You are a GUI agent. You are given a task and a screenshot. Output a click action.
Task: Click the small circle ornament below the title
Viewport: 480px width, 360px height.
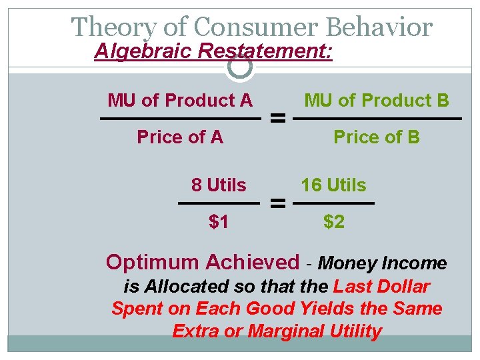pyautogui.click(x=240, y=66)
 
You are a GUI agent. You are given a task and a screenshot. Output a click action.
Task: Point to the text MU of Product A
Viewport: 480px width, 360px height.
pyautogui.click(x=180, y=101)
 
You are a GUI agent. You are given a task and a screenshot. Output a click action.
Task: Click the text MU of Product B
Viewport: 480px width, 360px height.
pyautogui.click(x=377, y=101)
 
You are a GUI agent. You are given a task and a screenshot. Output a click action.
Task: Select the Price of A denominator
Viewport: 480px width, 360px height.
pyautogui.click(x=180, y=137)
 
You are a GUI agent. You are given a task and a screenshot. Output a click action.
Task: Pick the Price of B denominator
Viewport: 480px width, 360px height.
pyautogui.click(x=377, y=137)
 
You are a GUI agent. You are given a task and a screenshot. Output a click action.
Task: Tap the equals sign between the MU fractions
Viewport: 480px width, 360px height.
pyautogui.click(x=277, y=119)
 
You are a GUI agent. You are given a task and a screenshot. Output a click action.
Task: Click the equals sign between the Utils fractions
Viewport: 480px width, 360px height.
pyautogui.click(x=277, y=203)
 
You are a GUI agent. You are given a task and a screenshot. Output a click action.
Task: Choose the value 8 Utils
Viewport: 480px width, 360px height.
pyautogui.click(x=219, y=185)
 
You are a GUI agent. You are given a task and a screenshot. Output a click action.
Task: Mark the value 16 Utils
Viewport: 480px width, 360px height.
pyautogui.click(x=333, y=185)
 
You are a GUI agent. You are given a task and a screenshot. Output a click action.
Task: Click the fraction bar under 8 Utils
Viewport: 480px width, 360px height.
pyautogui.click(x=219, y=203)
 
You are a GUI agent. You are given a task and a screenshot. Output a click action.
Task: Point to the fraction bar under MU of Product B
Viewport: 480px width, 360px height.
pyautogui.click(x=377, y=119)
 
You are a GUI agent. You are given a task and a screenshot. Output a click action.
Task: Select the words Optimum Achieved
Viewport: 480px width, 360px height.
pyautogui.click(x=203, y=262)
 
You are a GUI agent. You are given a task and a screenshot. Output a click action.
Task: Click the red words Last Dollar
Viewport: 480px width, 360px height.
pyautogui.click(x=381, y=287)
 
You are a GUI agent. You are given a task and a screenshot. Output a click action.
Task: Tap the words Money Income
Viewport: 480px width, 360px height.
pyautogui.click(x=383, y=263)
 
